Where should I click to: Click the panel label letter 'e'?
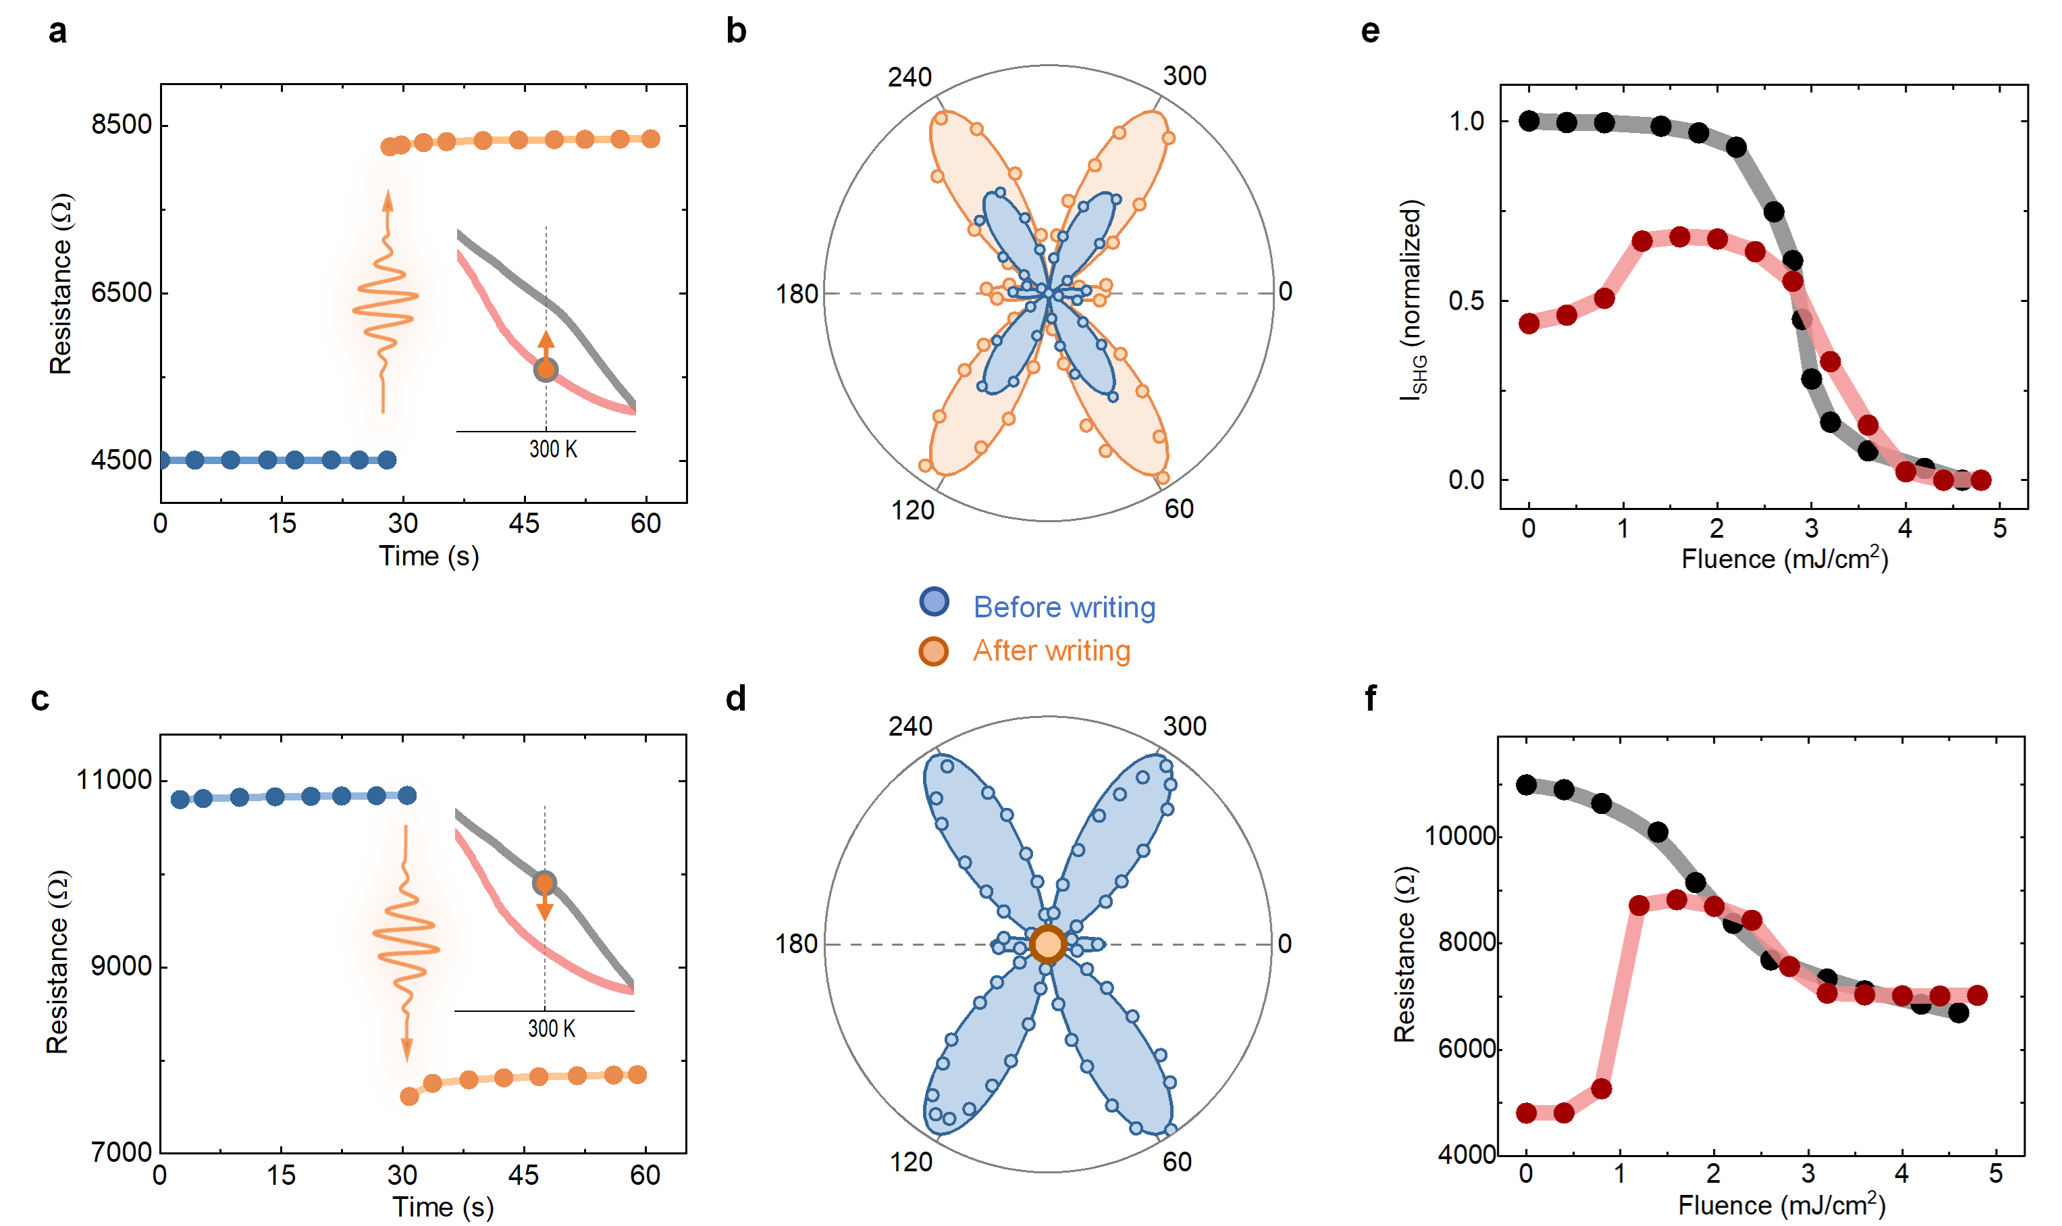tap(1370, 31)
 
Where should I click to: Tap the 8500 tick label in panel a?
tap(122, 125)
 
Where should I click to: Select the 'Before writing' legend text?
tap(1063, 607)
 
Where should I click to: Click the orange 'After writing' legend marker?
tap(933, 651)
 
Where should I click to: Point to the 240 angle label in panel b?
tap(909, 78)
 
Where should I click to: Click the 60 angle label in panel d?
tap(1177, 1162)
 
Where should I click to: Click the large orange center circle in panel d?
tap(1048, 944)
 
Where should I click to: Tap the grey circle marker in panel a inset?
tap(545, 369)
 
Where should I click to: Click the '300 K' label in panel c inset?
tap(552, 1029)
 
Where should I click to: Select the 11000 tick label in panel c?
tap(114, 780)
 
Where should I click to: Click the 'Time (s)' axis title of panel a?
tap(429, 556)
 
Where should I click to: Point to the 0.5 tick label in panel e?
tap(1466, 301)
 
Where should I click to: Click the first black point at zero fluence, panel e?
tap(1529, 121)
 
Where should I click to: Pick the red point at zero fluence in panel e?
tap(1529, 323)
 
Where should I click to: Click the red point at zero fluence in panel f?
tap(1526, 1113)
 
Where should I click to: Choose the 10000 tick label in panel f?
tap(1460, 836)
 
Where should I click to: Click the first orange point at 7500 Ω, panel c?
tap(408, 1096)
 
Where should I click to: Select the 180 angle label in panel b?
tap(796, 294)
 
